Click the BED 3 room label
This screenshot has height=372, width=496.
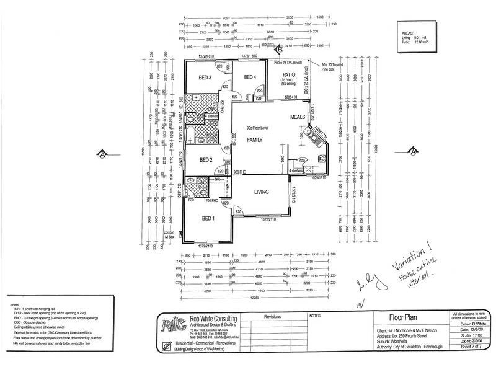pos(206,77)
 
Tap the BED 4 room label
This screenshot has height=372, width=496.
pos(249,77)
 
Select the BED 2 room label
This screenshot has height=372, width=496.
pos(206,160)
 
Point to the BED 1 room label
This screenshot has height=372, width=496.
pos(209,218)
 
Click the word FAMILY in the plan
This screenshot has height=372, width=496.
pos(256,140)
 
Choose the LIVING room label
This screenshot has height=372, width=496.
pos(260,192)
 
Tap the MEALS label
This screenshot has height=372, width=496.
pos(298,117)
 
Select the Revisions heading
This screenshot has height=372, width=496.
pos(272,316)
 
